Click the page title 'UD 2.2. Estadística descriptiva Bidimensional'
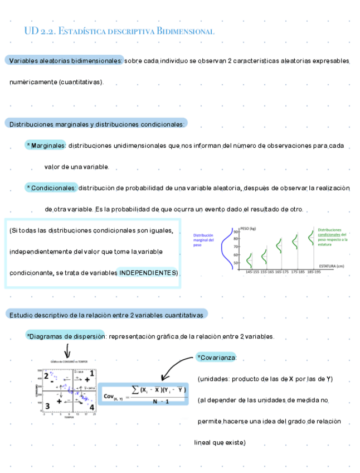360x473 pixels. (119, 31)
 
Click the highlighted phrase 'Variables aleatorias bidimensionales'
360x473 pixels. (64, 60)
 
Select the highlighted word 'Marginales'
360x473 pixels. (47, 146)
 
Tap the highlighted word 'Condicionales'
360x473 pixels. (52, 188)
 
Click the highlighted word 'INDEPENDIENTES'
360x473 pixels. (147, 273)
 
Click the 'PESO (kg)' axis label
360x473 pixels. (247, 229)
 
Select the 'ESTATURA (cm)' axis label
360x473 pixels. (332, 266)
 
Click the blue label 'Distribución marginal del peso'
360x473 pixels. (204, 240)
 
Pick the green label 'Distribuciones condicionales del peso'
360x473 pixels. (333, 236)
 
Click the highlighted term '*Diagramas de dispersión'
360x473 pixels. (65, 336)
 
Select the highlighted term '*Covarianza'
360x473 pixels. (217, 357)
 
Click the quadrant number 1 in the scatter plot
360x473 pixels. (92, 373)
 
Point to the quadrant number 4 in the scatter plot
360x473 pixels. (92, 407)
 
